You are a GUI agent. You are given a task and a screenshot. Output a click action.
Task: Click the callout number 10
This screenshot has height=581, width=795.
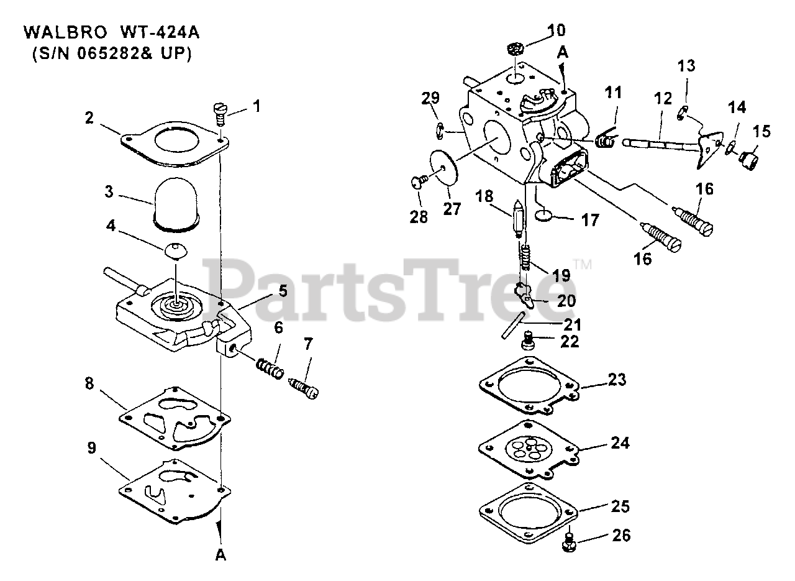(x=556, y=29)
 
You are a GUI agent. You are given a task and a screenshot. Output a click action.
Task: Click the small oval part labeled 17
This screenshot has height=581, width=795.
(x=543, y=216)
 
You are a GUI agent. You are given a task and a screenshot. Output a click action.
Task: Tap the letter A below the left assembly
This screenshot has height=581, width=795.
(x=220, y=556)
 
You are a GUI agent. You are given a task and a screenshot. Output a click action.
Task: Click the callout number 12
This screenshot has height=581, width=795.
(x=663, y=99)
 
